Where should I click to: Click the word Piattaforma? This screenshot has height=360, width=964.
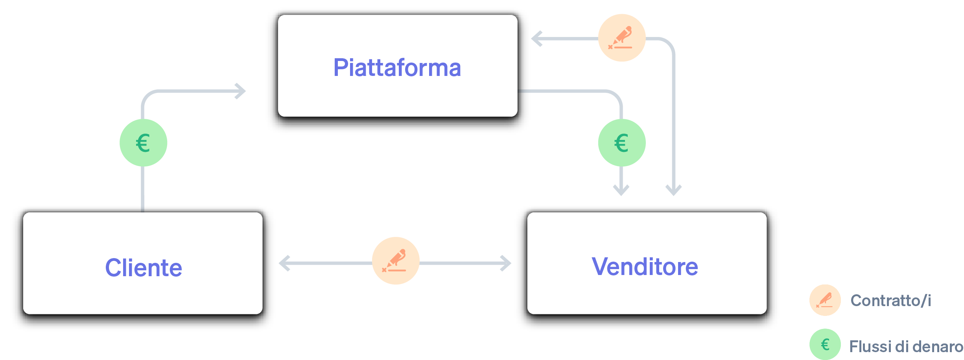397,68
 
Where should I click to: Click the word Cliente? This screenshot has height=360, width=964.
144,268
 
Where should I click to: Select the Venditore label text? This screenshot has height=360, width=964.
645,267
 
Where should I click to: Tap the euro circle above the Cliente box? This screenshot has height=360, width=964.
143,143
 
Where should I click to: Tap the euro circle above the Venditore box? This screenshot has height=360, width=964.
621,143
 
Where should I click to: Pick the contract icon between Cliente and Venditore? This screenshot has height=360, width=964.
396,260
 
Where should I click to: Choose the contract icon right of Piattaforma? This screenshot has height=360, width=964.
621,38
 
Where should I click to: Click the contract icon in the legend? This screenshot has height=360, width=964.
825,300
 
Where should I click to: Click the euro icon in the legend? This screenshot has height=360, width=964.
825,344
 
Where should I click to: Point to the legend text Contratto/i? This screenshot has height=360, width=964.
890,301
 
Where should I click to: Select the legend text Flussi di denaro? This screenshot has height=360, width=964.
906,347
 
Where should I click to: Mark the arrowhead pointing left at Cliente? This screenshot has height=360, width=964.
284,263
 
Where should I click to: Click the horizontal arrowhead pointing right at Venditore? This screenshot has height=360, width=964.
506,263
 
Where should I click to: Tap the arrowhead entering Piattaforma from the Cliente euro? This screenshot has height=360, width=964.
241,91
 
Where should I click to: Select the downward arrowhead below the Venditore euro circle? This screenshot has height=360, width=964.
621,190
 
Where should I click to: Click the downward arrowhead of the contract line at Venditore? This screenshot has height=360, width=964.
673,190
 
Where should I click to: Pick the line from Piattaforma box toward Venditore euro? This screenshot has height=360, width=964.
570,91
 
